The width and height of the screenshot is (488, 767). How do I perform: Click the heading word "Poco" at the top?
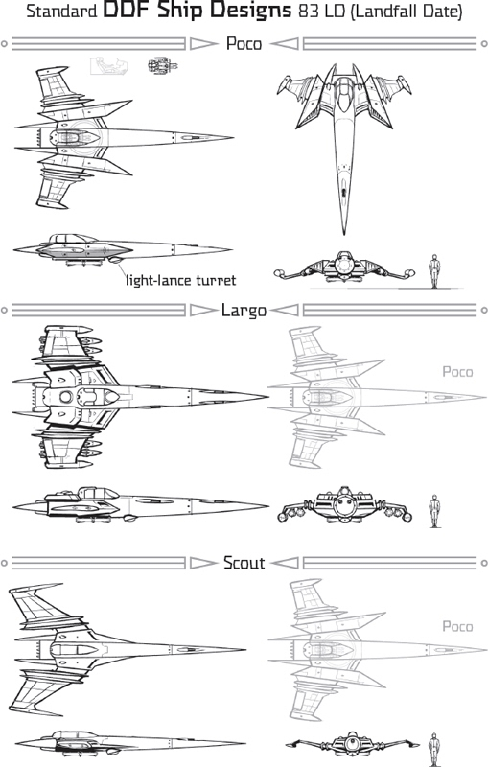(x=244, y=43)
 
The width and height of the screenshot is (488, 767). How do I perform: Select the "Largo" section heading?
(x=244, y=310)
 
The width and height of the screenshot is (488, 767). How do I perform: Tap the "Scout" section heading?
(x=244, y=563)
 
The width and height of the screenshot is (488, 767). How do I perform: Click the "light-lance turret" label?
(x=180, y=280)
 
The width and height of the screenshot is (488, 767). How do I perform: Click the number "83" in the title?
(x=308, y=11)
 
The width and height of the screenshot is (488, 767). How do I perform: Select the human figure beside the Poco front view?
(x=434, y=270)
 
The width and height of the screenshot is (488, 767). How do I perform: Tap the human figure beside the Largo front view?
(x=434, y=511)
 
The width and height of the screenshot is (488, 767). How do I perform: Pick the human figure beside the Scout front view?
(x=433, y=750)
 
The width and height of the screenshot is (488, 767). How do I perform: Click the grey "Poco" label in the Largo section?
(x=457, y=372)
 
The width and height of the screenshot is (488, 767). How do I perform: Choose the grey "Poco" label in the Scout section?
(x=457, y=626)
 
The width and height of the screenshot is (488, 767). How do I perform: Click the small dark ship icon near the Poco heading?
(x=162, y=65)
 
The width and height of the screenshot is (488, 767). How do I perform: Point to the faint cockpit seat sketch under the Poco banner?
(x=108, y=66)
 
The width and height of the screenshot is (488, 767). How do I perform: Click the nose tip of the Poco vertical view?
(x=344, y=234)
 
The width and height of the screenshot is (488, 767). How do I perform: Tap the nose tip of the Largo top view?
(x=267, y=396)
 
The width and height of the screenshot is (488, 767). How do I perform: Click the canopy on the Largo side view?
(x=100, y=493)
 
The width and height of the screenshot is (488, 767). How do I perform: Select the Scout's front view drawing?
(x=352, y=744)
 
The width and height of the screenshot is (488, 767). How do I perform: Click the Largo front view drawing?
(x=344, y=505)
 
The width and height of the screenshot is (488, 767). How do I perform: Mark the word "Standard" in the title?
(x=61, y=11)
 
